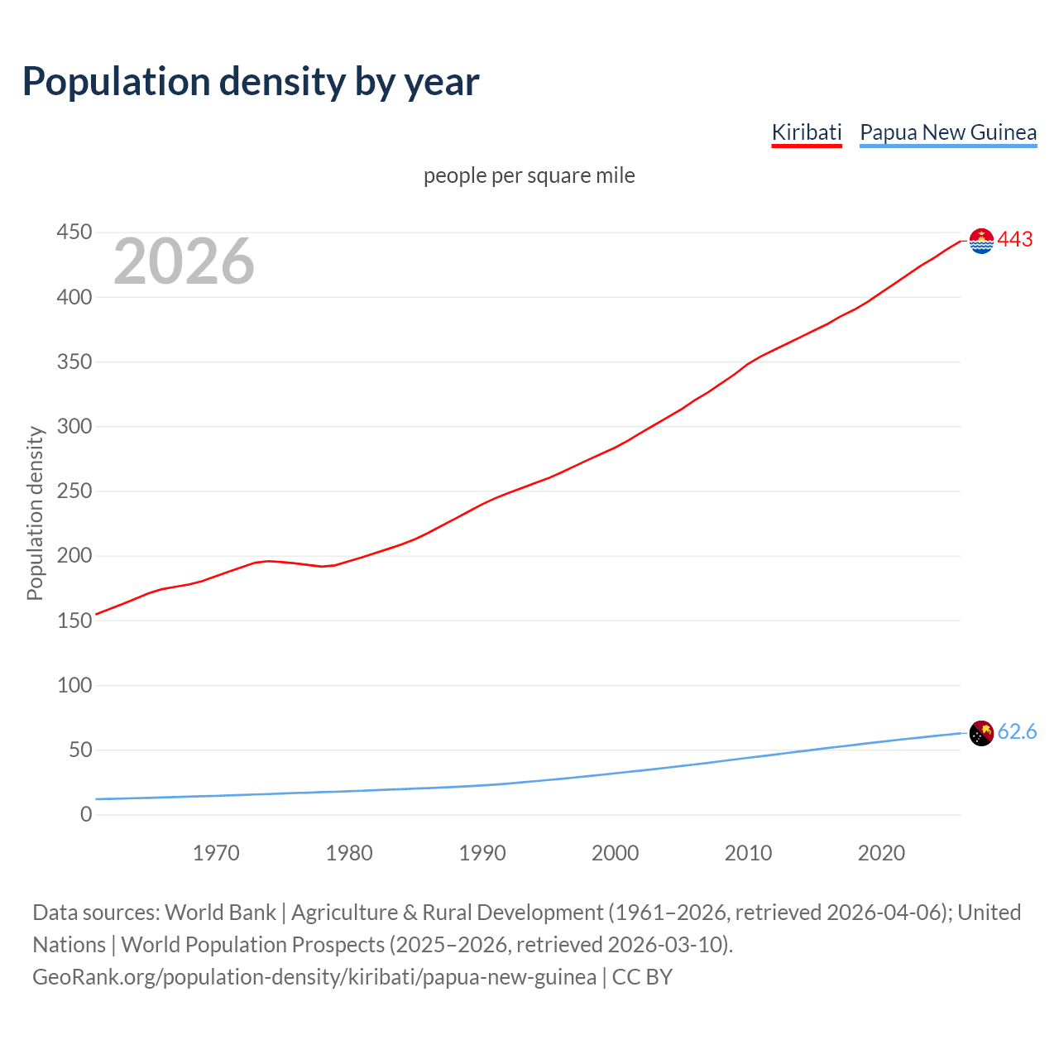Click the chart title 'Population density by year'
coord(251,82)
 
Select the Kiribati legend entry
coord(806,132)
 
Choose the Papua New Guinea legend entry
coord(947,132)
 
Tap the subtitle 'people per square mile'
coord(529,175)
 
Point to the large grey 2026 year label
coord(184,261)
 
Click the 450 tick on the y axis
coord(74,232)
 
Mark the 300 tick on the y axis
coord(74,427)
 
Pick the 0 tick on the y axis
coord(86,814)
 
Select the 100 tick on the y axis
coord(74,685)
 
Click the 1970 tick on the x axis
coord(216,853)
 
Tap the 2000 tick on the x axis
coord(615,853)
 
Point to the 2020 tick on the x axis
coord(881,853)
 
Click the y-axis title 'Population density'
coord(35,513)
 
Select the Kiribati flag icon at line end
coord(981,241)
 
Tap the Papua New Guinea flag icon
coord(981,733)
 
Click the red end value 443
coord(1015,239)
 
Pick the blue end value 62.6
coord(1017,731)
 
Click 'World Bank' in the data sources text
coord(220,913)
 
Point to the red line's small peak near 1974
coord(268,561)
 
